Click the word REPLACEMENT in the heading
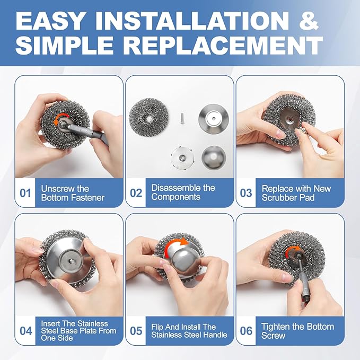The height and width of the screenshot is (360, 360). click(x=223, y=45)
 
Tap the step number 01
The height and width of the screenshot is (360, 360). click(x=25, y=193)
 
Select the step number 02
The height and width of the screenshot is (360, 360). click(x=136, y=193)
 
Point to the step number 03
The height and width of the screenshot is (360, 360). click(x=246, y=193)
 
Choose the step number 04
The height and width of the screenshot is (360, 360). click(x=25, y=331)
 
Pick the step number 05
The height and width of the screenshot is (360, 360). click(x=136, y=331)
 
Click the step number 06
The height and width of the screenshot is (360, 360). click(x=246, y=331)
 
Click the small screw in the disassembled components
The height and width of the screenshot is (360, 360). click(x=182, y=118)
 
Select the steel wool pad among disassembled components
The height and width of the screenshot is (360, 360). click(x=148, y=117)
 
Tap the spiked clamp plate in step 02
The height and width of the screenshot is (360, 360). click(x=181, y=157)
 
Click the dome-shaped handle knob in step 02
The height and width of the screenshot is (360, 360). click(x=214, y=157)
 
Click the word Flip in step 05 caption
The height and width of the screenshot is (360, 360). click(x=157, y=327)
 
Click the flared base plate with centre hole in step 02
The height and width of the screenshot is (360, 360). click(x=214, y=119)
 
